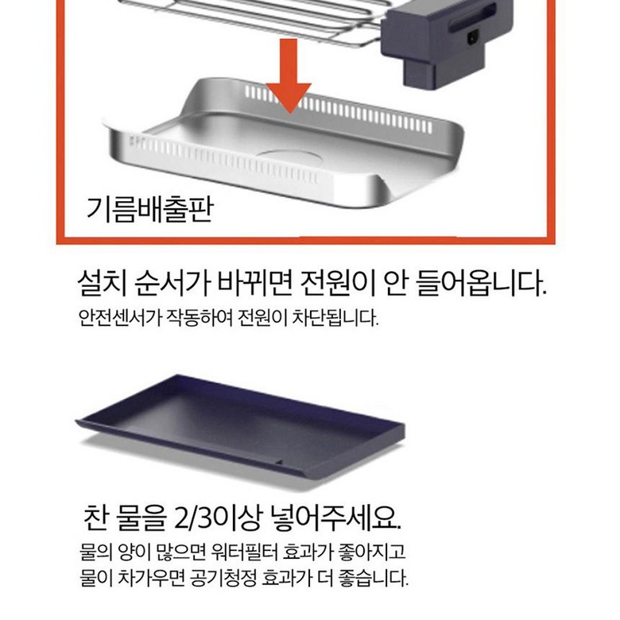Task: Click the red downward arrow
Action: pos(289,76)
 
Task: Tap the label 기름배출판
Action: pos(150,209)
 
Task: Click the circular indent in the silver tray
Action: pos(289,157)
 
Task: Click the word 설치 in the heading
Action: pos(102,283)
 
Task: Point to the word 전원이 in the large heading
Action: pos(337,283)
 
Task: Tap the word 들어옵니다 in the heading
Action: pos(482,283)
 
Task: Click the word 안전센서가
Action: pos(120,317)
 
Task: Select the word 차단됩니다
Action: pos(335,317)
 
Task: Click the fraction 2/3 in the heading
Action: pos(193,517)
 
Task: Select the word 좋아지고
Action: pos(372,551)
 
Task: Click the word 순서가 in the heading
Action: pos(172,283)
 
